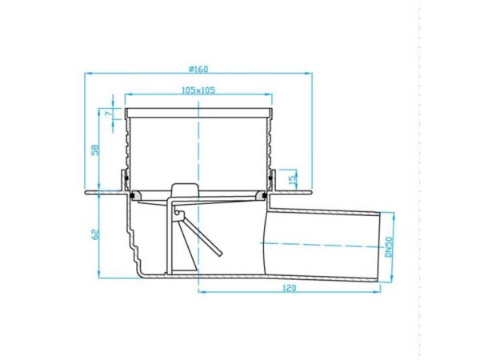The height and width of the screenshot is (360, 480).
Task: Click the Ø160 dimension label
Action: (198, 69)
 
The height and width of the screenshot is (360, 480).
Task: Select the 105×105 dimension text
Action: (198, 90)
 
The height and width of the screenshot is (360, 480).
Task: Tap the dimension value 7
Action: (107, 114)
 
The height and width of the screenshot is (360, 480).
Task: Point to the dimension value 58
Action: (95, 150)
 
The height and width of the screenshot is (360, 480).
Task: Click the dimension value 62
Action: (95, 234)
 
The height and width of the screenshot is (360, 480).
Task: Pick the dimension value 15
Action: (293, 178)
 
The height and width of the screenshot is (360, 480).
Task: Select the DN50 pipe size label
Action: (389, 247)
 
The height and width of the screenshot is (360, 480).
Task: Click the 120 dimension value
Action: (290, 288)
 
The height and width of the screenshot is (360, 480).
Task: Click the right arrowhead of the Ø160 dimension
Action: (308, 73)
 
